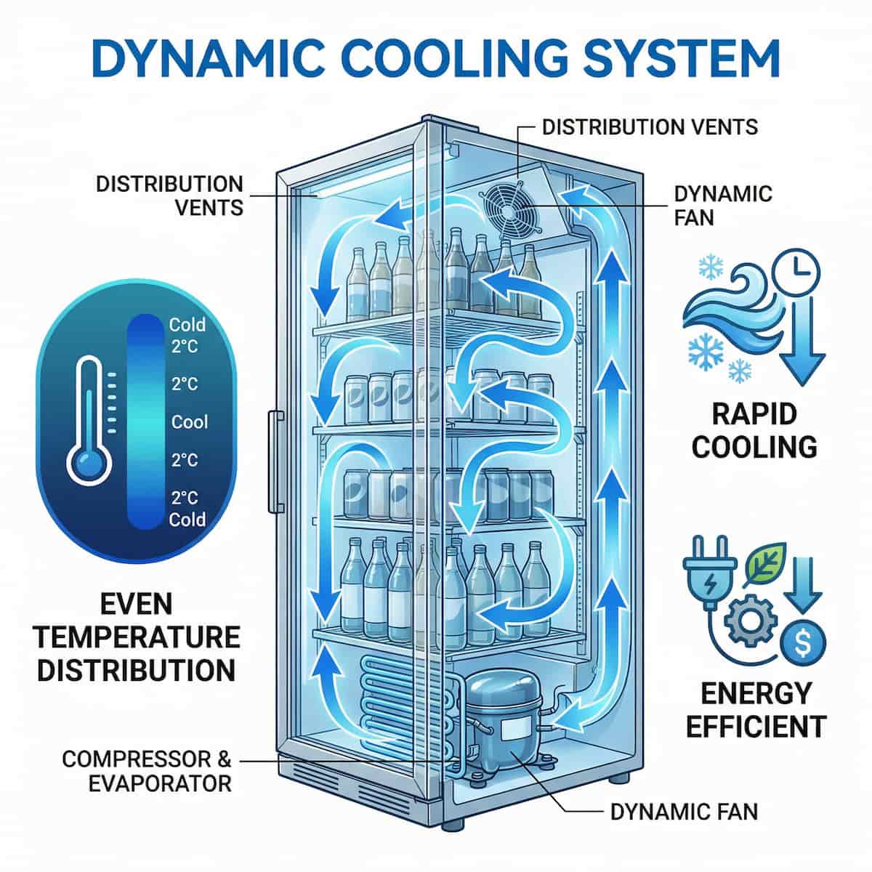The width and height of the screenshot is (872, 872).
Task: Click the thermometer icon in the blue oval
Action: coord(89,421)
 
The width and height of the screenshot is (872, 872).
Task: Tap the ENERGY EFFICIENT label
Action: coord(756,709)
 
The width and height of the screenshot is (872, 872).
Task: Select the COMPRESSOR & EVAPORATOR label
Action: coord(146,771)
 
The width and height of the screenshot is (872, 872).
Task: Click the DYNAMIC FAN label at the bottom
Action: coord(683,811)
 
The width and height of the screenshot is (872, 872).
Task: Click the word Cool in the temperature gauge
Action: coord(189,421)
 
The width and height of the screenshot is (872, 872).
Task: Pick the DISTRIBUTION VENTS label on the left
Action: coord(169,195)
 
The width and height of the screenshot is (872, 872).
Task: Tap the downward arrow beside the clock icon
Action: coord(806,342)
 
